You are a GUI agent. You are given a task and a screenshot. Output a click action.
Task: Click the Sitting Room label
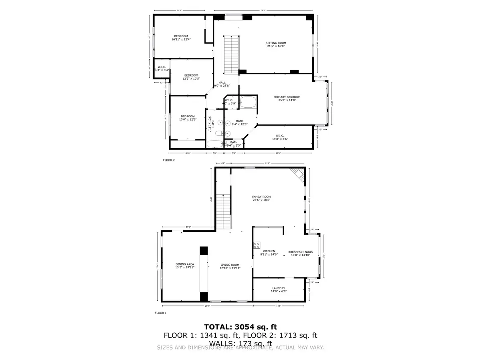pyautogui.click(x=276, y=45)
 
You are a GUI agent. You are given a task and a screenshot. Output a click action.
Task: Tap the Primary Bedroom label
pyautogui.click(x=287, y=99)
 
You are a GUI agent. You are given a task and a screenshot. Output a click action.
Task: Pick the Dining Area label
pyautogui.click(x=185, y=266)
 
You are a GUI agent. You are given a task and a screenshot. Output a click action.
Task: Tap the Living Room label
pyautogui.click(x=230, y=267)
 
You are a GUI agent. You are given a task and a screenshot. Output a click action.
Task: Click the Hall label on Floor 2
pyautogui.click(x=222, y=84)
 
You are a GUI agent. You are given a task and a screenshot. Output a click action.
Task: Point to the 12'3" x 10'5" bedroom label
pyautogui.click(x=191, y=77)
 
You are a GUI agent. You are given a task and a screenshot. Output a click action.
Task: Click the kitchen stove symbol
pyautogui.click(x=257, y=245)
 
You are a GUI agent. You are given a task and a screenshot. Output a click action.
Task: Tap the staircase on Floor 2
pyautogui.click(x=232, y=54)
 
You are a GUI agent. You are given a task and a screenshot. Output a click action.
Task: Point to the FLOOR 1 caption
pyautogui.click(x=160, y=312)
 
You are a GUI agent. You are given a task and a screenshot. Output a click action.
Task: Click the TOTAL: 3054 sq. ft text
pyautogui.click(x=240, y=327)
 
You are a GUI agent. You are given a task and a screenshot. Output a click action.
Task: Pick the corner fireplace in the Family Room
pyautogui.click(x=298, y=174)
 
